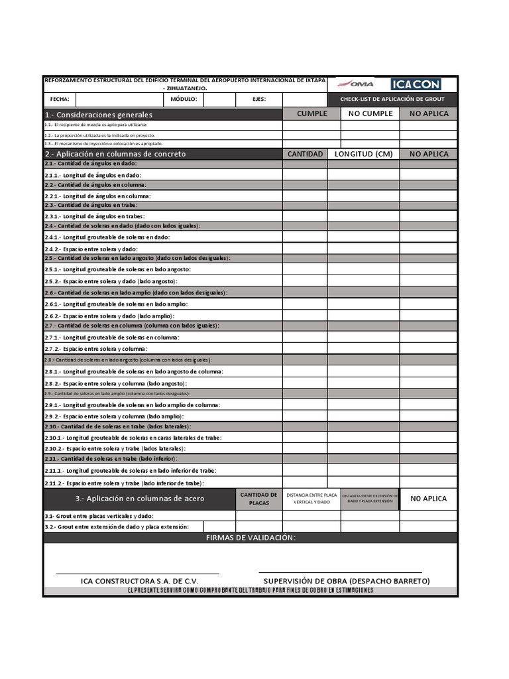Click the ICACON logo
[x=416, y=84]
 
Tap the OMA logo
[x=356, y=84]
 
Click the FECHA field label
[x=60, y=99]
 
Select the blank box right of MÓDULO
[x=219, y=99]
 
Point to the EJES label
[x=259, y=99]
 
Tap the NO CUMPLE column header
[x=370, y=113]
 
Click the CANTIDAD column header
[x=305, y=154]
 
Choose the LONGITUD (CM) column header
[x=363, y=154]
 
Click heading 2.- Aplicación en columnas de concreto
[x=115, y=154]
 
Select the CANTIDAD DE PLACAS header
[x=258, y=499]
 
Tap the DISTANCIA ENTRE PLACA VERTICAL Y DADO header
[x=311, y=499]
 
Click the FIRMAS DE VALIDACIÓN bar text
[x=251, y=538]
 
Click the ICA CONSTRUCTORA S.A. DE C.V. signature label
[x=139, y=581]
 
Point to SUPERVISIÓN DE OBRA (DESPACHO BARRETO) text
[x=347, y=581]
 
